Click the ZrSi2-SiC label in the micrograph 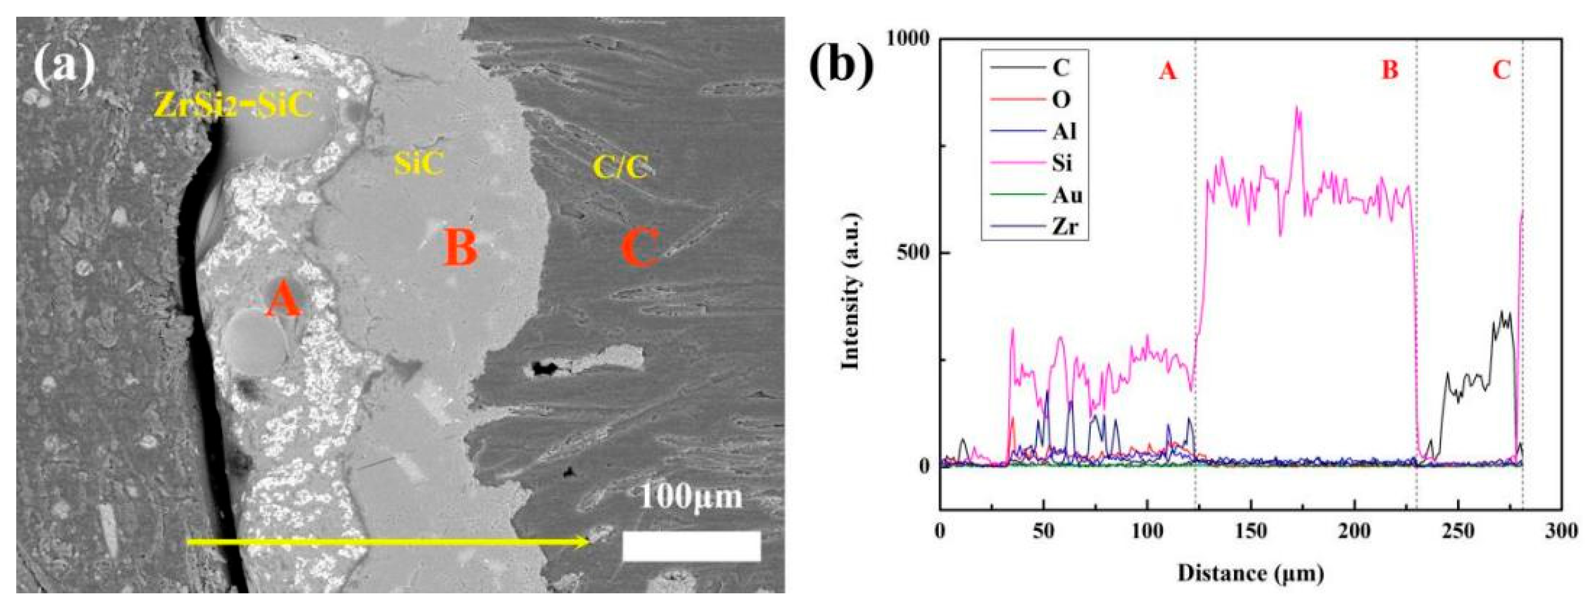233,108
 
